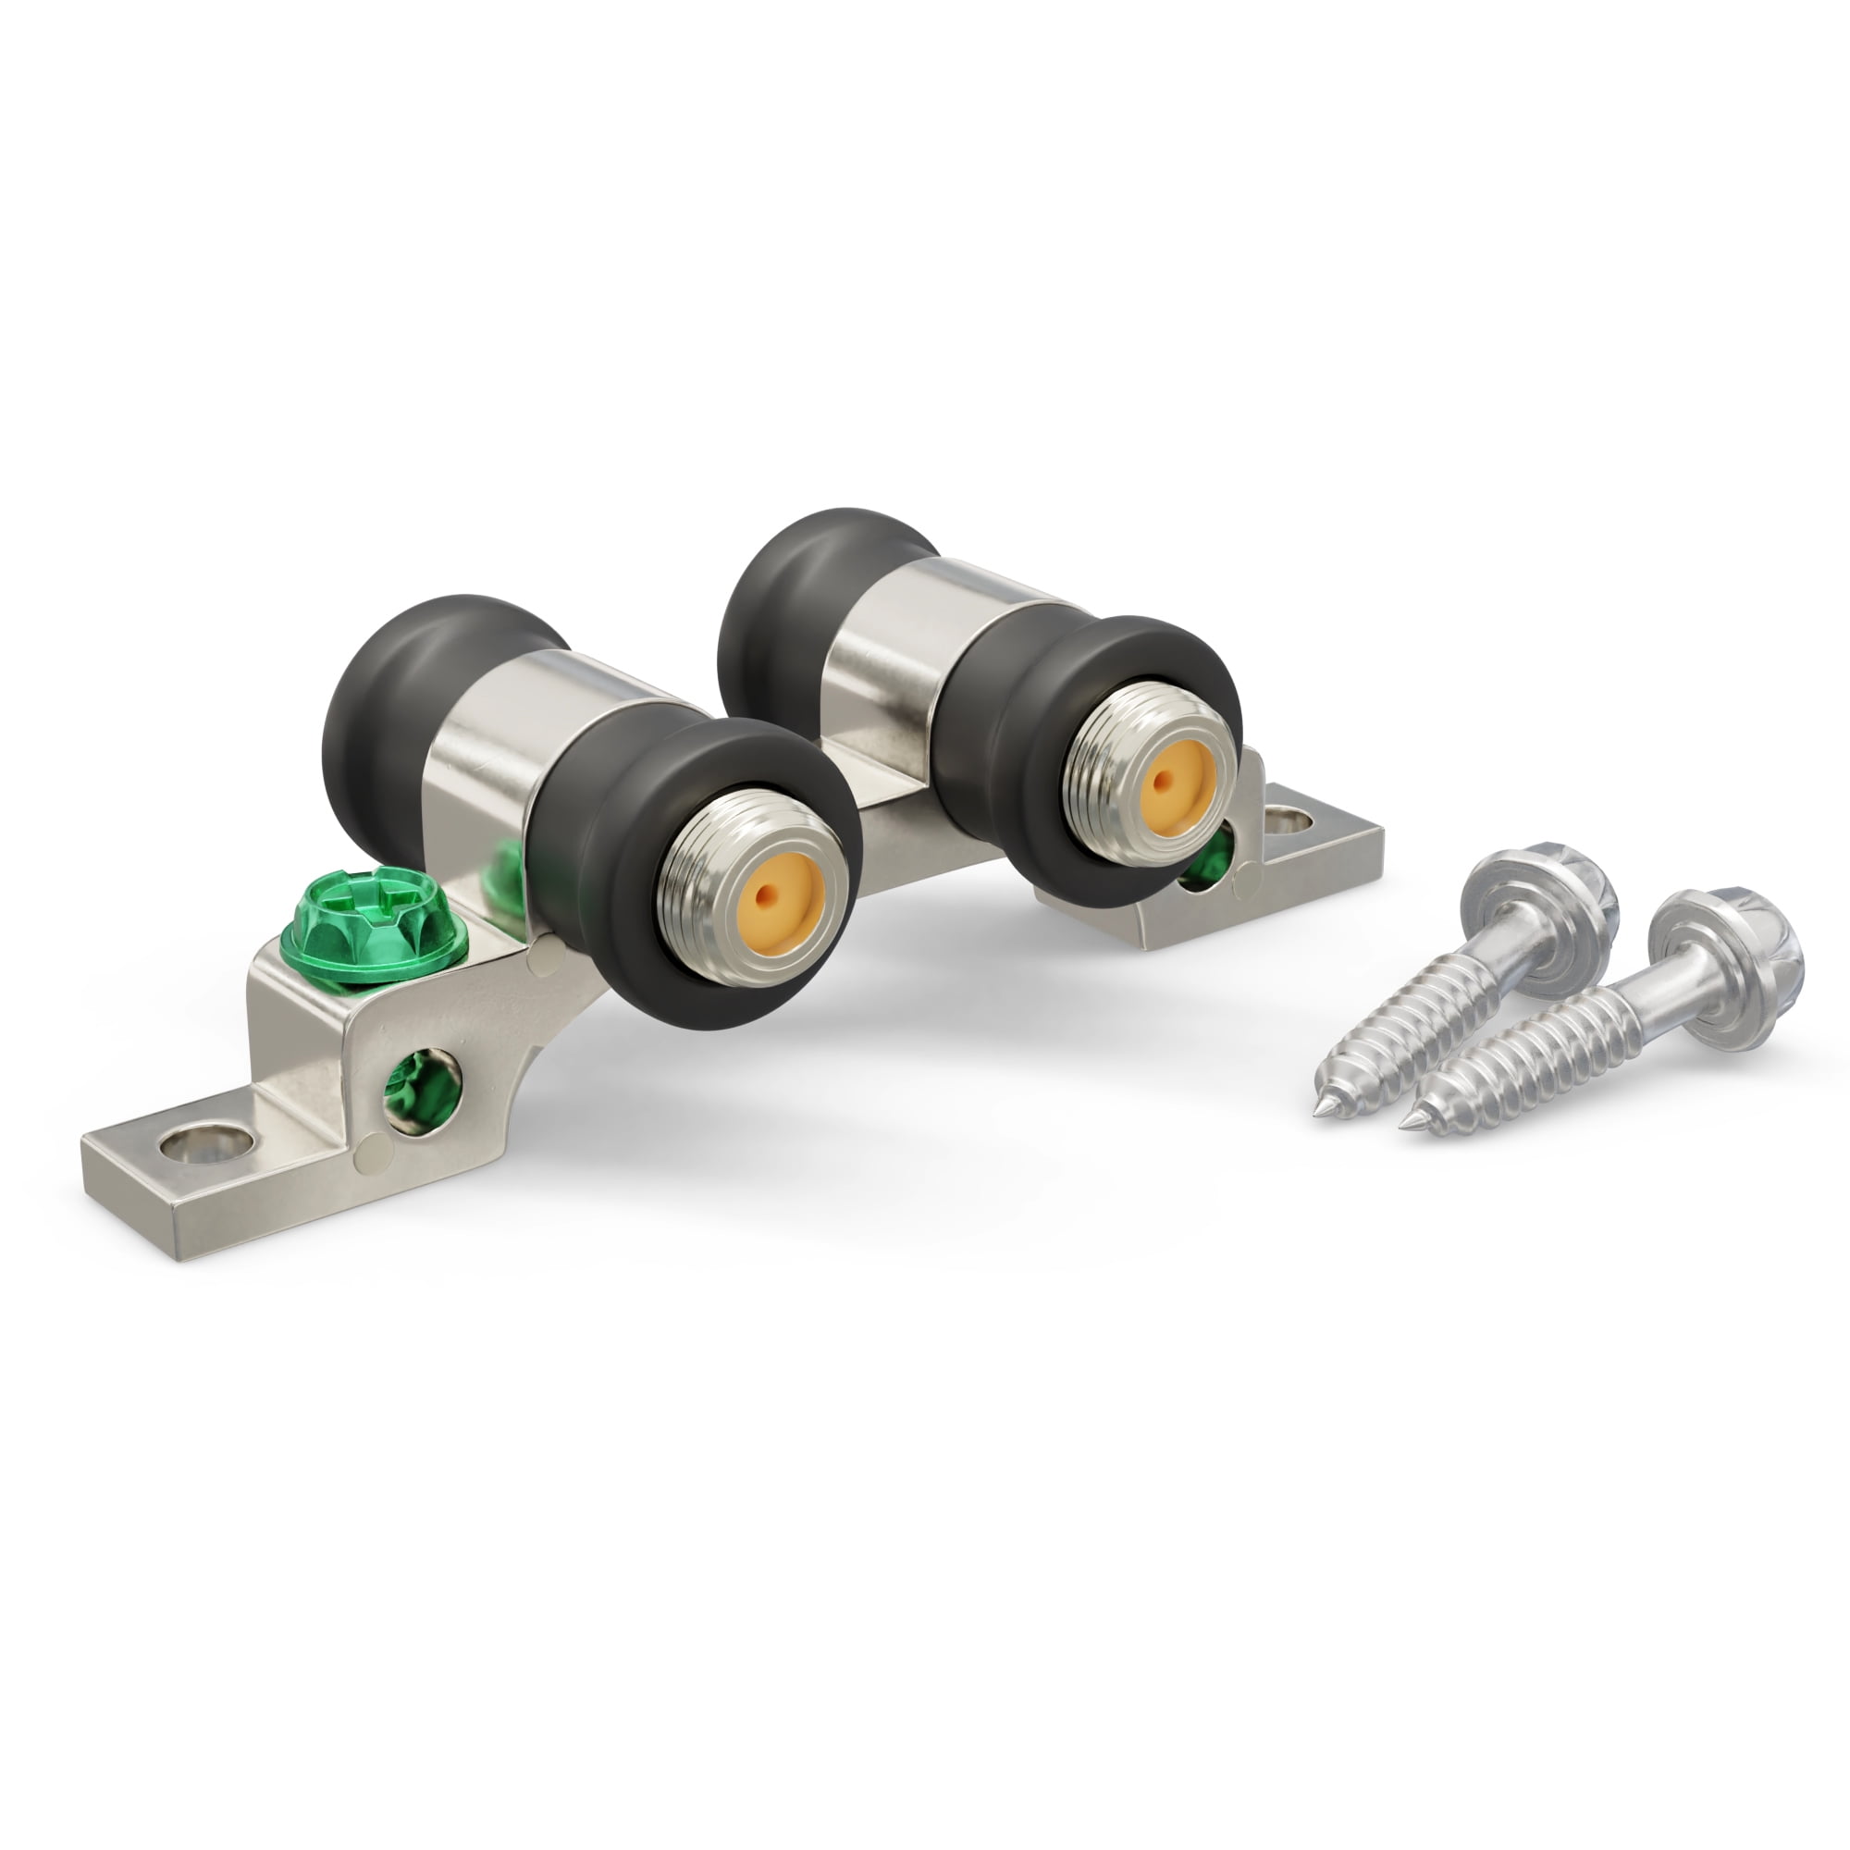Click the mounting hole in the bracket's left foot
click(207, 1143)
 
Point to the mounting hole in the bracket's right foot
click(1288, 820)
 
